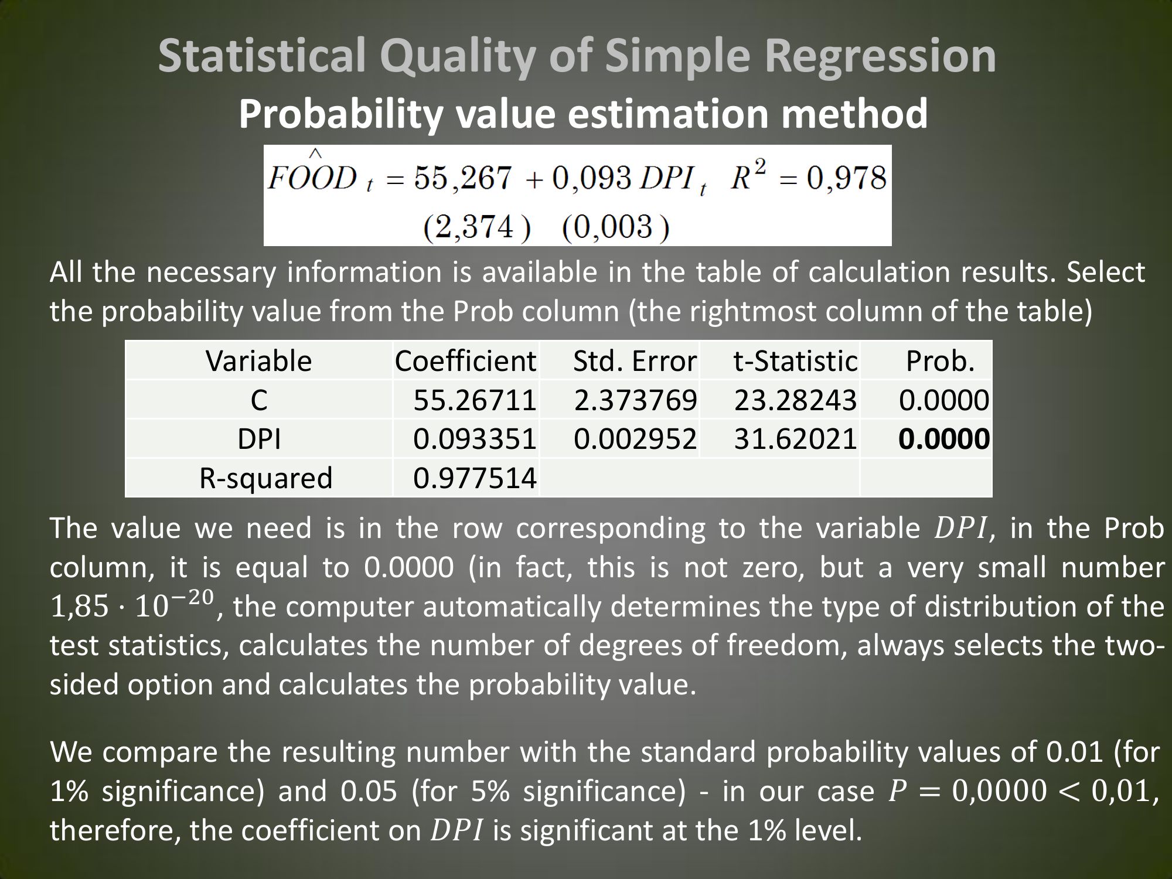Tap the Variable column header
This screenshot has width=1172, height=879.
258,361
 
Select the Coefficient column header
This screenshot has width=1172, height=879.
465,361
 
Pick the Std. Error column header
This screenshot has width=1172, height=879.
635,361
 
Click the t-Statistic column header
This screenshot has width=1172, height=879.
795,361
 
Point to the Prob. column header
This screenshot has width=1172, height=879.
941,361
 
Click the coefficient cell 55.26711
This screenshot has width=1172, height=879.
475,400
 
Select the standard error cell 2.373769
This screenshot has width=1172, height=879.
636,400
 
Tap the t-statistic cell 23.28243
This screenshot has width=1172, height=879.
796,400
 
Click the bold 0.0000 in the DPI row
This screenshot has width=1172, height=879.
945,439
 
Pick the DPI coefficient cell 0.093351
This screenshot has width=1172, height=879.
475,439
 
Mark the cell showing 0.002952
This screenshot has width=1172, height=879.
636,439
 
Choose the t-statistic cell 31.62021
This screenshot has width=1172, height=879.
796,439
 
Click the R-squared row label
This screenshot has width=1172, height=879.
266,478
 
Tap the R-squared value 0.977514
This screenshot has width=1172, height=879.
475,478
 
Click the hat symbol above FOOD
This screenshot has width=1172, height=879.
315,154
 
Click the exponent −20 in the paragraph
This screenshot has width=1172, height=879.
193,597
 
